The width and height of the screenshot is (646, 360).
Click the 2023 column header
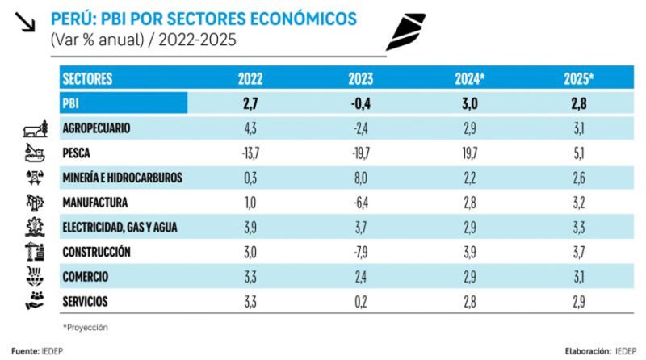pyautogui.click(x=360, y=79)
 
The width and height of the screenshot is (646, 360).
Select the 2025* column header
pyautogui.click(x=579, y=79)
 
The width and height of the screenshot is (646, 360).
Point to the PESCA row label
pyautogui.click(x=78, y=153)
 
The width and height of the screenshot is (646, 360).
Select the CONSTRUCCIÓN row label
pyautogui.click(x=96, y=252)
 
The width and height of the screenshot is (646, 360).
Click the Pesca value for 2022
pyautogui.click(x=251, y=153)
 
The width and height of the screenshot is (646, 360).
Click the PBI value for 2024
pyautogui.click(x=470, y=103)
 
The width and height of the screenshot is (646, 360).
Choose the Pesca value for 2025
pyautogui.click(x=579, y=153)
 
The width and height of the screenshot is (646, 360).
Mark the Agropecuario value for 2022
pyautogui.click(x=251, y=128)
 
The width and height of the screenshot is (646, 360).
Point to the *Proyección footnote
pyautogui.click(x=86, y=327)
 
